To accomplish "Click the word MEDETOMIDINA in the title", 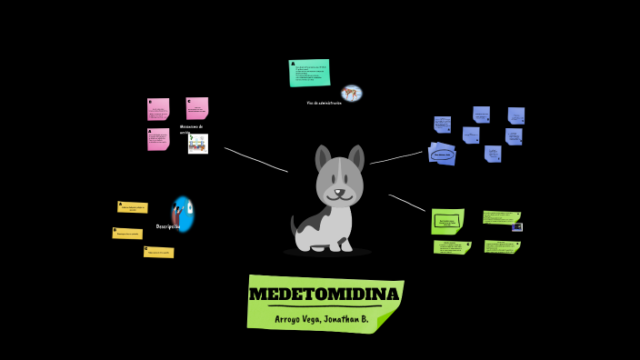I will tap(324, 295).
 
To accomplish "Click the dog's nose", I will tap(339, 192).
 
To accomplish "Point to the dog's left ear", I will tap(323, 158).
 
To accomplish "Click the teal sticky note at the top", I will tap(309, 73).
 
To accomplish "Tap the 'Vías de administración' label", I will tap(325, 104).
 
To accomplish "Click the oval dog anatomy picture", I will tap(352, 93).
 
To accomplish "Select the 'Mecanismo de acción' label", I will tap(191, 129).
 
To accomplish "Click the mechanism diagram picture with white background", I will tap(198, 144).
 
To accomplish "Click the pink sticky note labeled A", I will tap(158, 139).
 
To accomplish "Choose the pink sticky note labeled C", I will tap(197, 108).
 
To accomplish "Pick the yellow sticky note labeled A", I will tap(133, 207).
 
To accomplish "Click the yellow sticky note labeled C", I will tap(158, 252).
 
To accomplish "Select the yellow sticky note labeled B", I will tap(127, 234).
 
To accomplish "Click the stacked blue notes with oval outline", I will tap(443, 154).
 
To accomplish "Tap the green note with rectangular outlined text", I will tap(447, 221).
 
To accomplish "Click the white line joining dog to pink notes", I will tap(255, 159).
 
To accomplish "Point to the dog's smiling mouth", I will tap(340, 198).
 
